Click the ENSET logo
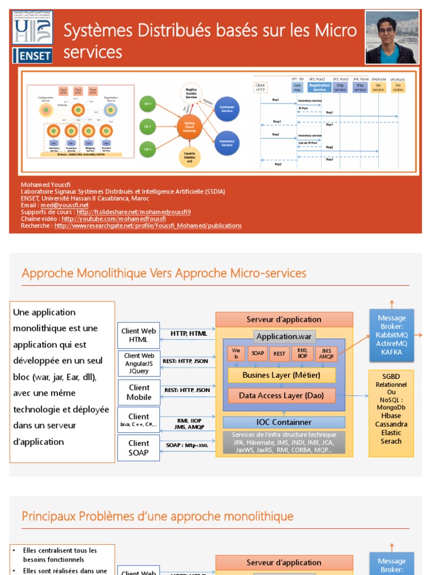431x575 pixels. point(33,55)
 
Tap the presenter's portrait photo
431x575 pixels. point(392,37)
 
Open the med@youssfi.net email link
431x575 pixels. point(57,206)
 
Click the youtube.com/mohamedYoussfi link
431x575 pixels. point(113,219)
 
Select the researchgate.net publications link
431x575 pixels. point(148,226)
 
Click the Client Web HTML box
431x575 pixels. point(139,335)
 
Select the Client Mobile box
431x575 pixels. point(139,393)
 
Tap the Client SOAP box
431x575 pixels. point(139,448)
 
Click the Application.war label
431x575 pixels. point(285,336)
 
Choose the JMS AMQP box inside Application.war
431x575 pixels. point(326,353)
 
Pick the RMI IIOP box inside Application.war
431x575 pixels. point(302,353)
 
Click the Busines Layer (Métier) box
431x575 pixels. point(281,375)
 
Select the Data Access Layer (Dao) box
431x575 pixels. point(281,395)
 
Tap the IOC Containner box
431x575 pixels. point(283,422)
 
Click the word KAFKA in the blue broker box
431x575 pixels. point(391,352)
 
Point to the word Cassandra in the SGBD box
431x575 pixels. point(391,424)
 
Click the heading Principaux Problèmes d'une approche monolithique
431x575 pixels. point(158,516)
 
